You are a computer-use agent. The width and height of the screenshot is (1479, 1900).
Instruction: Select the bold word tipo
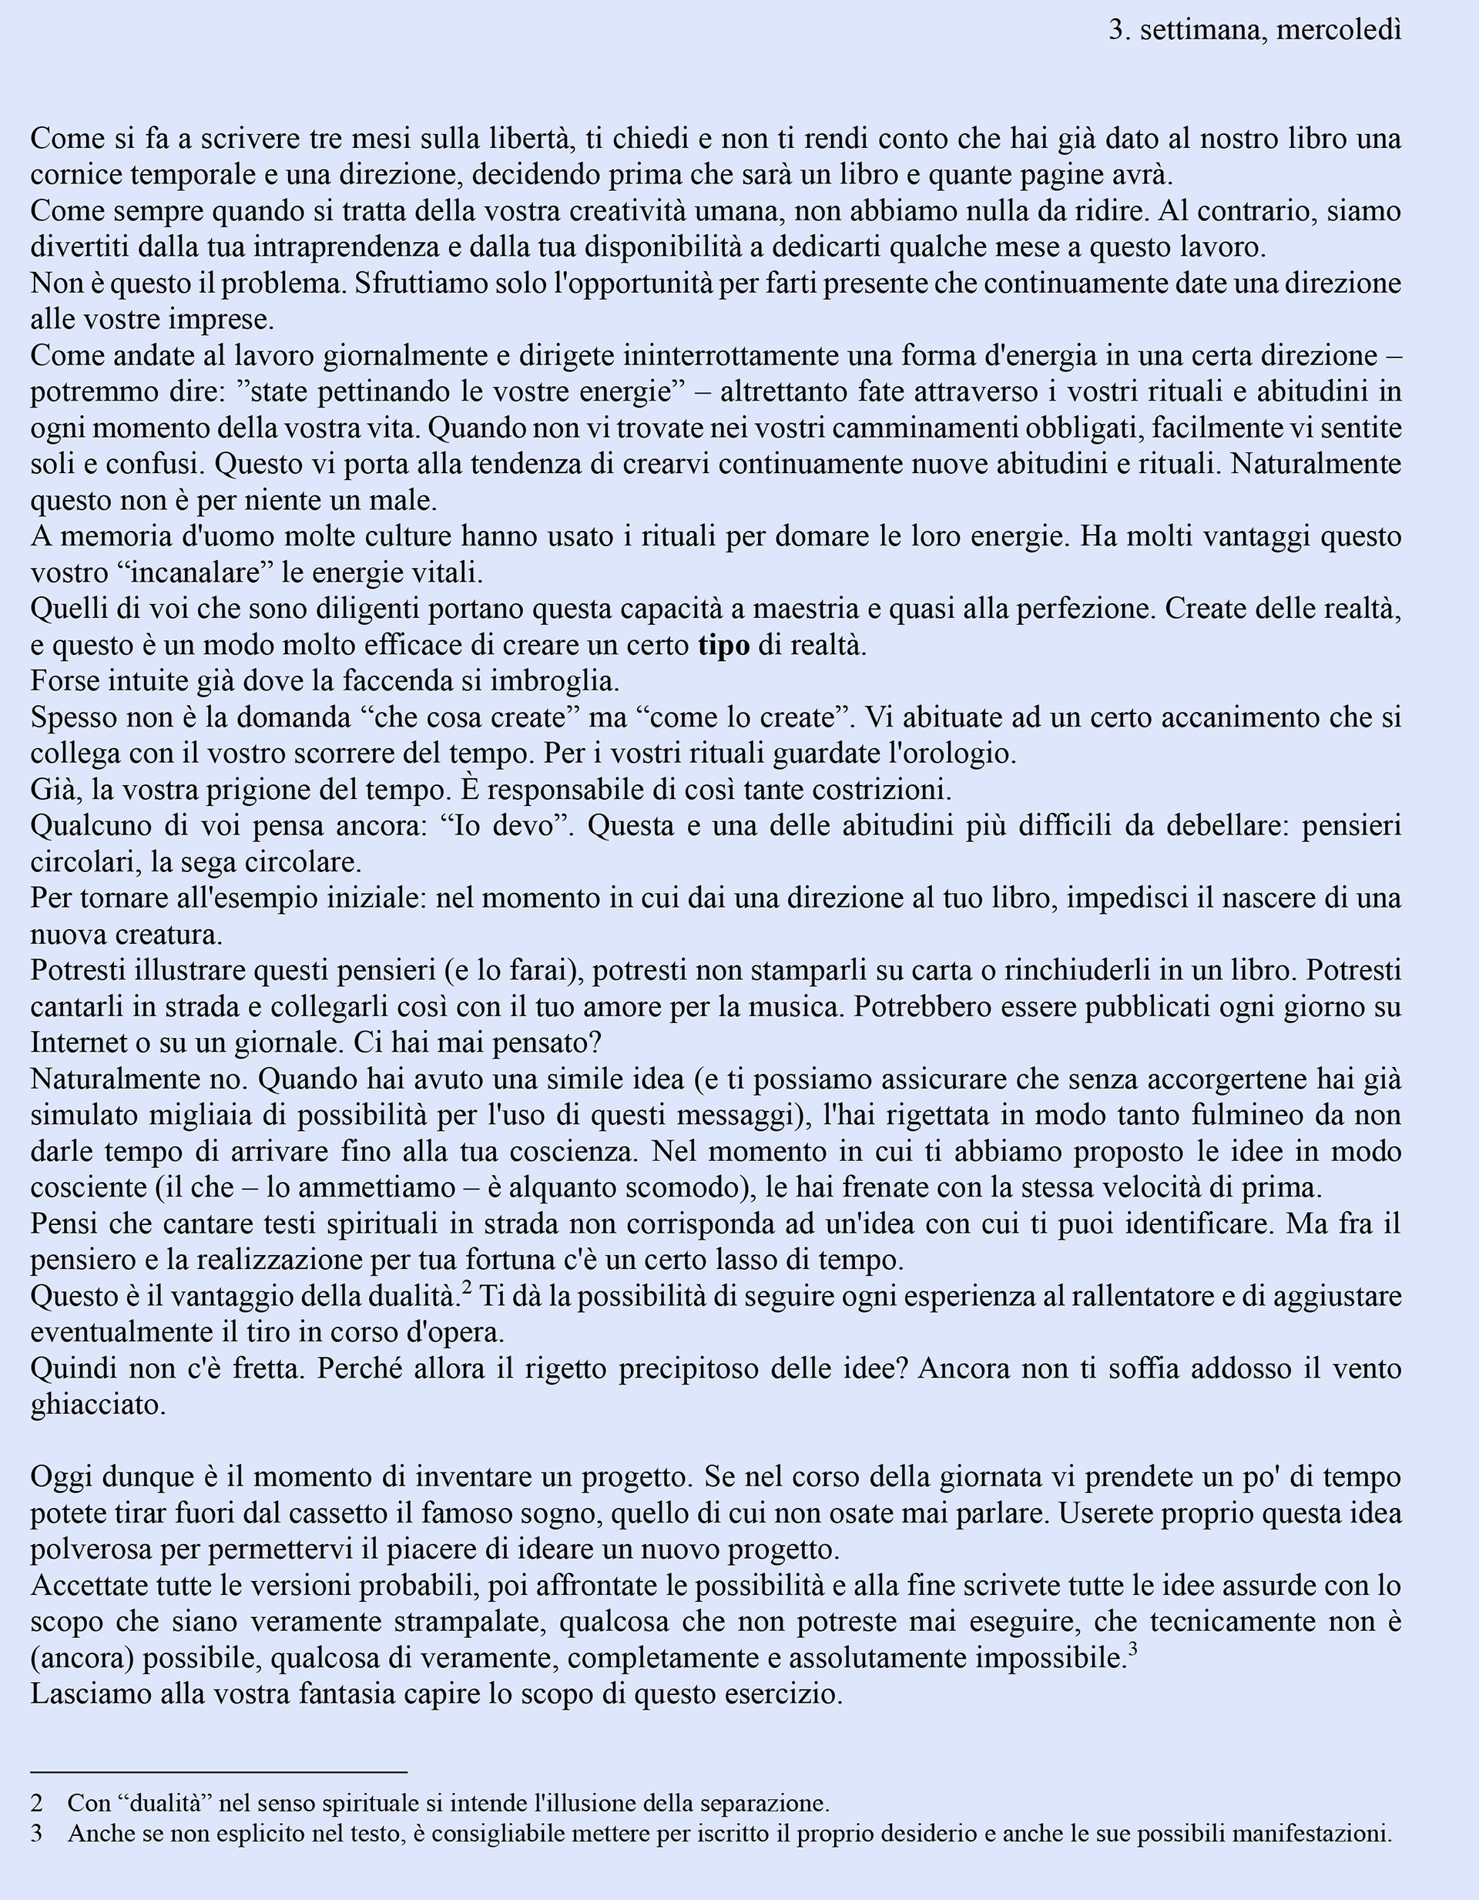723,646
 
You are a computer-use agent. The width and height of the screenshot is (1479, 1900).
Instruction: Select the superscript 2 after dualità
466,1287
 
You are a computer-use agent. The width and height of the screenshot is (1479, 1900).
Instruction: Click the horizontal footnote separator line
218,1771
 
